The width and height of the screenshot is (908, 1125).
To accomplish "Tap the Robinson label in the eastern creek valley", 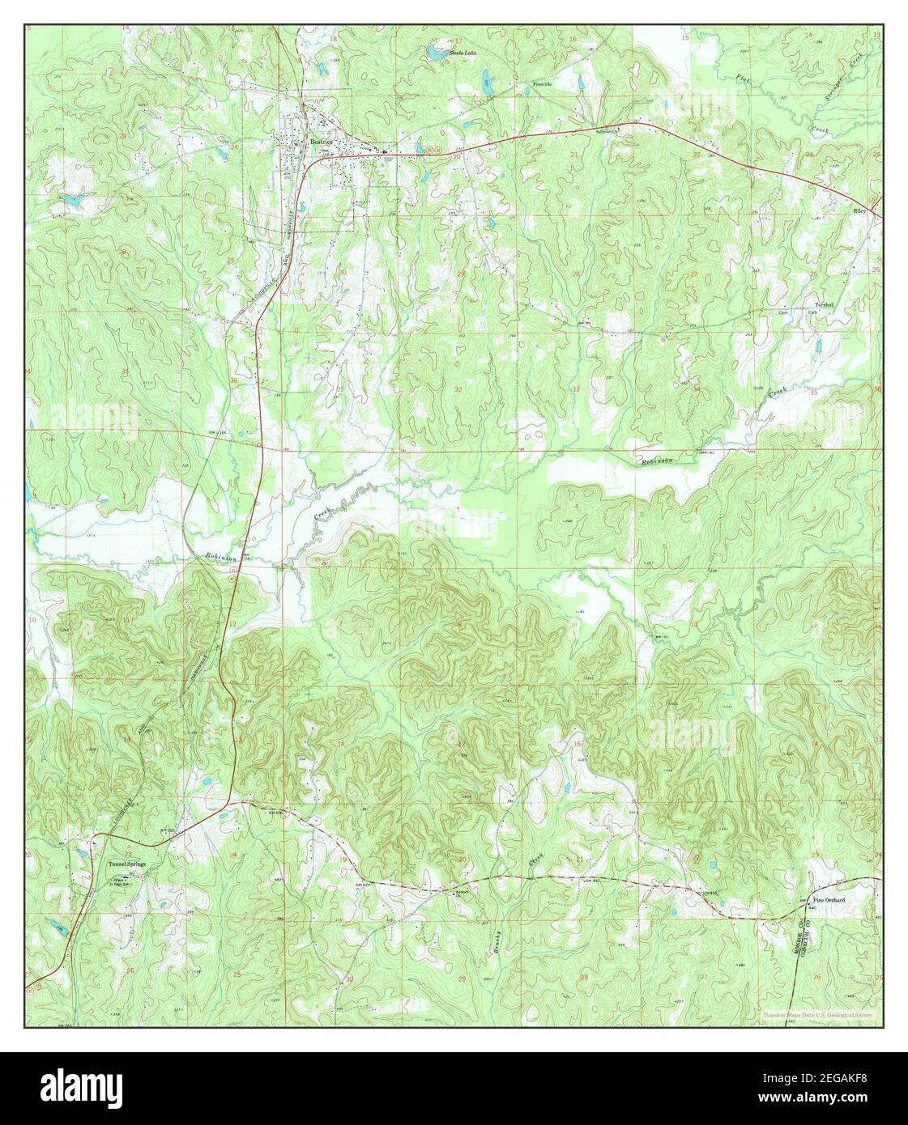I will click(658, 462).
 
